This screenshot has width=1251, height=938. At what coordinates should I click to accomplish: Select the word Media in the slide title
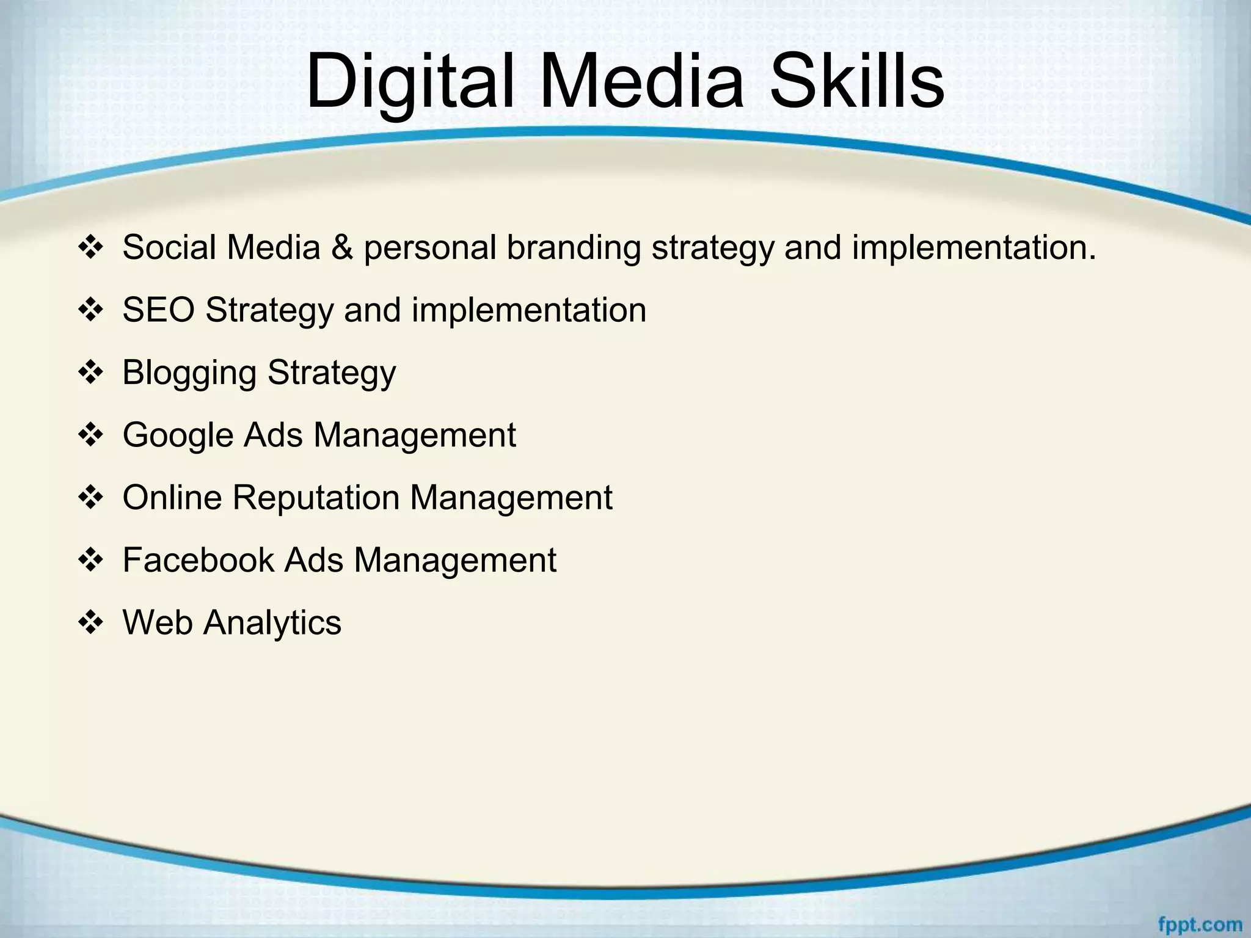tap(641, 81)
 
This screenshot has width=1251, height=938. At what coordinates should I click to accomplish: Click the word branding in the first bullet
tap(574, 248)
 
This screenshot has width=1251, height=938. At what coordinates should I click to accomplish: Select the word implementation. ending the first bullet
tap(974, 248)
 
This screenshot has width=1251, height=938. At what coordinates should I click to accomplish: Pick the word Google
tap(178, 435)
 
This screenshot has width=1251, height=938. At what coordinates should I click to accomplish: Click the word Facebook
tap(199, 560)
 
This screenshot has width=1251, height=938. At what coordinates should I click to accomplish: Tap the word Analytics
tap(272, 623)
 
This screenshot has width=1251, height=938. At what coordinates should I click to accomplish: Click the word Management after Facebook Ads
tap(455, 560)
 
